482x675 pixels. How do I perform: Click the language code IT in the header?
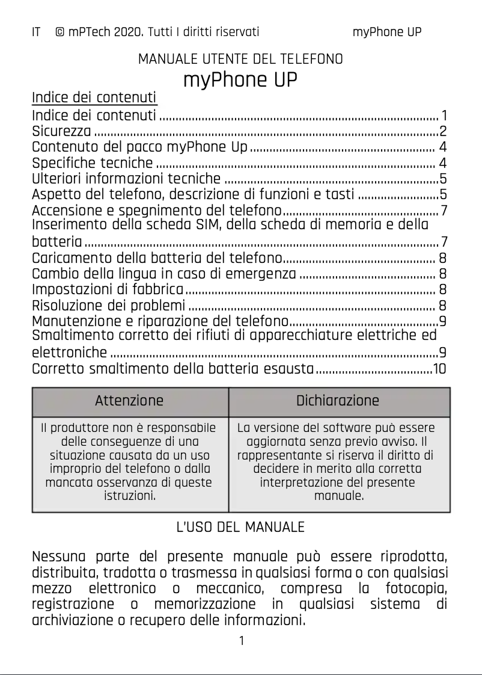pyautogui.click(x=36, y=32)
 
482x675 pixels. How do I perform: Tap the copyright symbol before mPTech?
pyautogui.click(x=60, y=32)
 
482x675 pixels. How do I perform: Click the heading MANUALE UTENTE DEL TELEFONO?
pyautogui.click(x=240, y=60)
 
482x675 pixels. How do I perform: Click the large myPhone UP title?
pyautogui.click(x=240, y=79)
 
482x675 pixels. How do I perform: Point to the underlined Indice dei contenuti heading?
pyautogui.click(x=94, y=97)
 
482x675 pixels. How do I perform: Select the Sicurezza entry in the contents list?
pyautogui.click(x=61, y=131)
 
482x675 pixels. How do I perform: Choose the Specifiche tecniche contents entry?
pyautogui.click(x=92, y=163)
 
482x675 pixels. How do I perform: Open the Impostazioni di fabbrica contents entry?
pyautogui.click(x=108, y=290)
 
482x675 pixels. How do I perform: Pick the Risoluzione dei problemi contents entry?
pyautogui.click(x=108, y=306)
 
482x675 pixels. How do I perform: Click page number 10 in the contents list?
pyautogui.click(x=439, y=369)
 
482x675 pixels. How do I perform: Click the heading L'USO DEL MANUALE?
pyautogui.click(x=240, y=528)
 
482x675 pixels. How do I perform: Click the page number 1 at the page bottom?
pyautogui.click(x=241, y=641)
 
